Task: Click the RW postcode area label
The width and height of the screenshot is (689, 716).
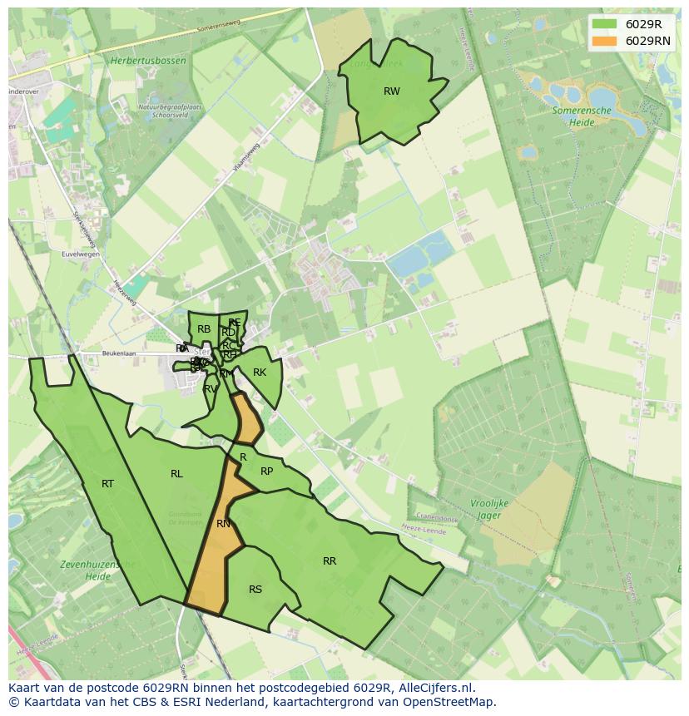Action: pos(391,91)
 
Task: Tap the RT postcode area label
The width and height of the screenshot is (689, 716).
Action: pos(107,484)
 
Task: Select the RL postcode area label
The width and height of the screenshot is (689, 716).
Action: pos(176,474)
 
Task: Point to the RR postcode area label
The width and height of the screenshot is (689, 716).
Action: pos(330,561)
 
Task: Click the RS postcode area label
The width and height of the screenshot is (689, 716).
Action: pos(255,590)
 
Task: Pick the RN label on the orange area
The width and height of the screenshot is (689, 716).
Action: pos(223,524)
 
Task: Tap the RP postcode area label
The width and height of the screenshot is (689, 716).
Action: pos(266,472)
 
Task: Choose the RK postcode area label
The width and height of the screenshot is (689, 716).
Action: pos(260,373)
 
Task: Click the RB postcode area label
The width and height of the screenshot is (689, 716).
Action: pos(204,329)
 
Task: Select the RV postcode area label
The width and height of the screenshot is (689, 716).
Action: pos(211,388)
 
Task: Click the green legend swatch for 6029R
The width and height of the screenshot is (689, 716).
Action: pos(605,24)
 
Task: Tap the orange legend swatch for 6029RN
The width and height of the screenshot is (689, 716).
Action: pos(605,41)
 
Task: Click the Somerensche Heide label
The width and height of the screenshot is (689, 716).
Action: pos(582,116)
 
